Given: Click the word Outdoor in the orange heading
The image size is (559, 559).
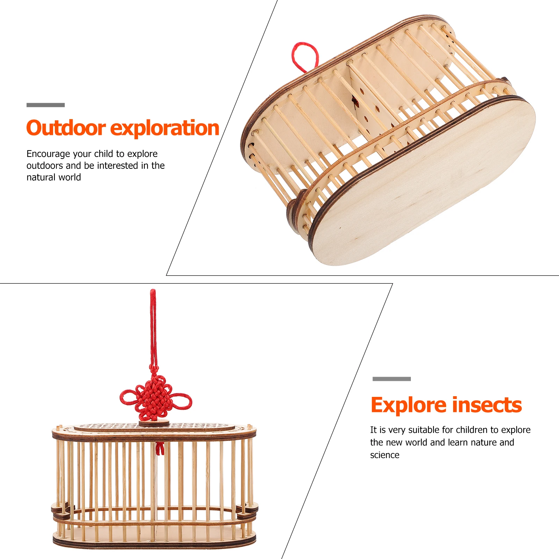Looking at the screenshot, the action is (x=66, y=128).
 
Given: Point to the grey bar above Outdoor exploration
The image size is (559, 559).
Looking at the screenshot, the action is (x=45, y=105).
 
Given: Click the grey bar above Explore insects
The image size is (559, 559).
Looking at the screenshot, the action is (x=392, y=379).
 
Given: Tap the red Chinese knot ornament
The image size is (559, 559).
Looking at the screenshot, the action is (x=155, y=398).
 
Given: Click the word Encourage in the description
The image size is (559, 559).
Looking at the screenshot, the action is (x=48, y=154).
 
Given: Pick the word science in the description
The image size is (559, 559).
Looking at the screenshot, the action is (x=385, y=455).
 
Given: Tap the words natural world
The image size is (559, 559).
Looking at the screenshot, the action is (x=53, y=177).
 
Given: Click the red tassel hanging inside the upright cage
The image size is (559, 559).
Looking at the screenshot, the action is (x=160, y=448).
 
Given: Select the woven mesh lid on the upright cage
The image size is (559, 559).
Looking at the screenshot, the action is (x=154, y=427).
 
